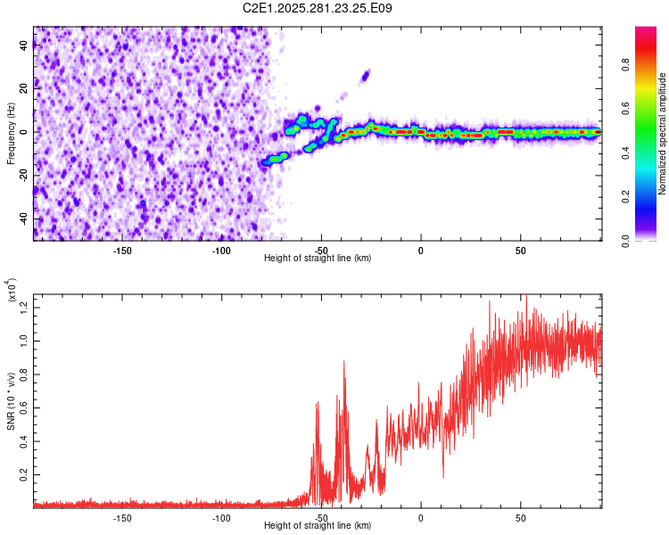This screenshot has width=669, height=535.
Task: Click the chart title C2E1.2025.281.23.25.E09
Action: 318,8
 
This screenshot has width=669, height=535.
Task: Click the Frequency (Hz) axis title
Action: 11,133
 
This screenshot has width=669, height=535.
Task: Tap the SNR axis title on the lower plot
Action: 11,401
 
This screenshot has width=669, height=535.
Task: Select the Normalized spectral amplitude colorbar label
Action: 663,134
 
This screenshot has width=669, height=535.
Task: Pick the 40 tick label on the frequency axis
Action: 23,45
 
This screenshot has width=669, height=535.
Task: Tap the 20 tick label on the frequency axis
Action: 23,89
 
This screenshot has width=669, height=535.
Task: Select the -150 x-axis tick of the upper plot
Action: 122,250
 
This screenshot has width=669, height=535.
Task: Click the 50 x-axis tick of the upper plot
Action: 520,250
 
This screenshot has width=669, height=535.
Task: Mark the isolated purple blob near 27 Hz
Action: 365,76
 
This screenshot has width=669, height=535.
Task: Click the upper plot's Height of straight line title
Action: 318,258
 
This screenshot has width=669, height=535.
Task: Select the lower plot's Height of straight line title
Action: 318,525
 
